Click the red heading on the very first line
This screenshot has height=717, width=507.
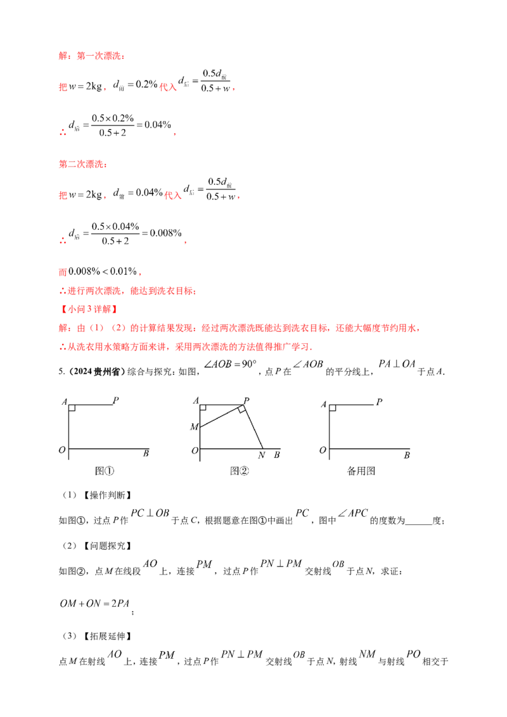[91, 56]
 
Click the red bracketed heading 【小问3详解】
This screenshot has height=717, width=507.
[88, 310]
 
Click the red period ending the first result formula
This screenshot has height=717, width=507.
[174, 134]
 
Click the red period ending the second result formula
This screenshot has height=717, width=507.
[184, 243]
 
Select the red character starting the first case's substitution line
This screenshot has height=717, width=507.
[62, 89]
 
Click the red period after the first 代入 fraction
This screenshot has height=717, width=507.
[235, 89]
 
